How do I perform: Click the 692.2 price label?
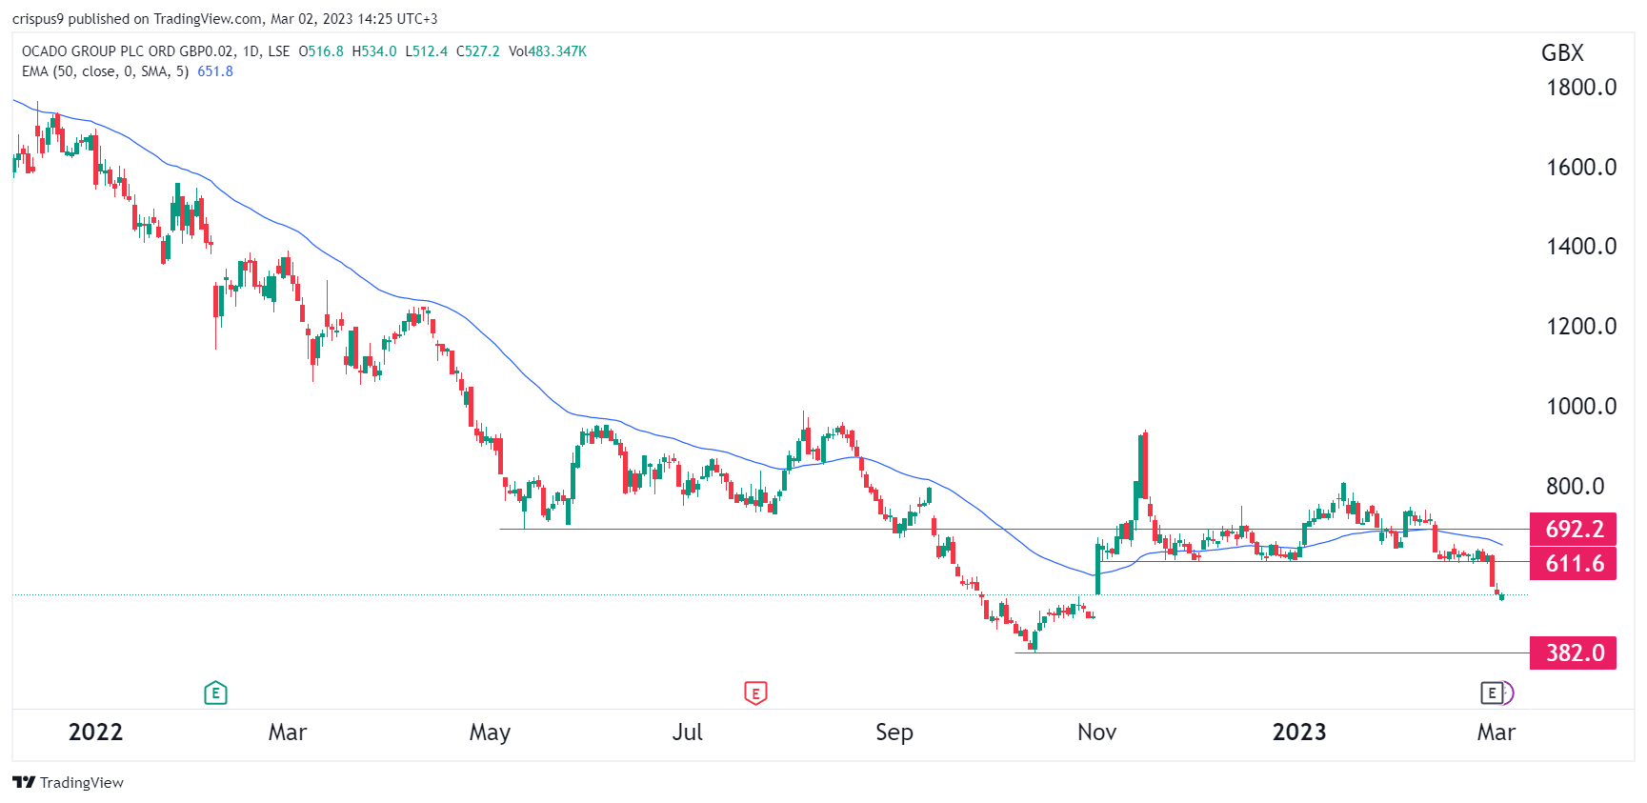1573,529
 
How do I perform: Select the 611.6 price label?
1573,564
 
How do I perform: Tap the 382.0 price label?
1573,653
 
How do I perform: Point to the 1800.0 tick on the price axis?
1581,88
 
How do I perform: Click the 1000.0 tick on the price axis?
1581,407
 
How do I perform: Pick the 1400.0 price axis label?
1581,247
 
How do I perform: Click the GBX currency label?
1562,53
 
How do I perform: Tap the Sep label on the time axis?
894,733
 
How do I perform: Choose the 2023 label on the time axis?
1299,733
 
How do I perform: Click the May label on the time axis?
490,733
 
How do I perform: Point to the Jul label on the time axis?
687,733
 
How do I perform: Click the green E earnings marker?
215,693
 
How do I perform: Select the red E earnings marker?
755,693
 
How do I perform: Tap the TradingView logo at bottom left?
69,783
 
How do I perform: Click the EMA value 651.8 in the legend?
215,71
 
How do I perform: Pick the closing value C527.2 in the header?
478,51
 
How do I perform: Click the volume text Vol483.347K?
548,51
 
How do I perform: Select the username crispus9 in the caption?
37,19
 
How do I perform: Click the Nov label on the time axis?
1096,733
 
